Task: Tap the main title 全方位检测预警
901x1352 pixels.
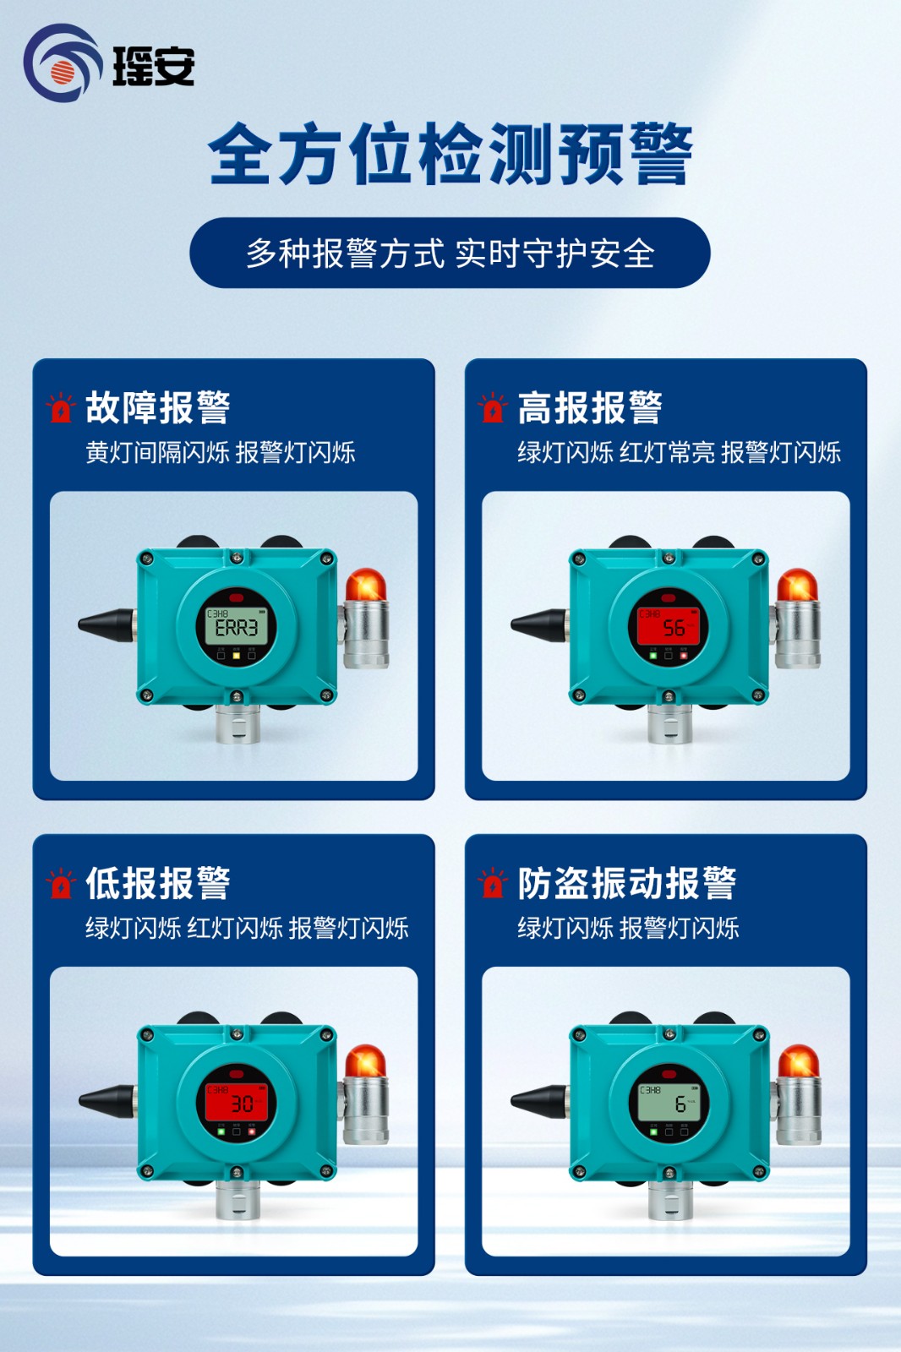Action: [450, 154]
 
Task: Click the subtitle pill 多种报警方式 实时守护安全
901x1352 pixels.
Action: [450, 253]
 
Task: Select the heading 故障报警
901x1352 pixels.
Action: [158, 408]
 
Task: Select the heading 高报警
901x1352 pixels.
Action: [590, 408]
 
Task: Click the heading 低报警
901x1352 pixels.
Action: [158, 884]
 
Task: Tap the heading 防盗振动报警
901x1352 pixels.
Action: [626, 884]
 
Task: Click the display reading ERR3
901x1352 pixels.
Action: [237, 628]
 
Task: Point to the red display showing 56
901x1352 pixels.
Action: [669, 628]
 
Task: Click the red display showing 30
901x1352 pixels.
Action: [237, 1104]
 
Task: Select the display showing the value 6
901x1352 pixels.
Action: [669, 1104]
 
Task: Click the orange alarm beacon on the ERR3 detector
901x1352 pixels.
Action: [365, 586]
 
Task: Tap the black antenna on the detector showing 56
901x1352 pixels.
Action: [538, 625]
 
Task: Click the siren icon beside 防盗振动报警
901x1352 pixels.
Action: [492, 884]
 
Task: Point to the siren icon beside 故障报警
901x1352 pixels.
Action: [60, 408]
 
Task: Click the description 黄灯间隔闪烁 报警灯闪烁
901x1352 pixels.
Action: [220, 453]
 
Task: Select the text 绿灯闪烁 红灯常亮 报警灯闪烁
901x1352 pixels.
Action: [679, 453]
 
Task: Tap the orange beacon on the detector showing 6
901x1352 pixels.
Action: [798, 1061]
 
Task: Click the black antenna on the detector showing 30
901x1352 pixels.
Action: [106, 1101]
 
